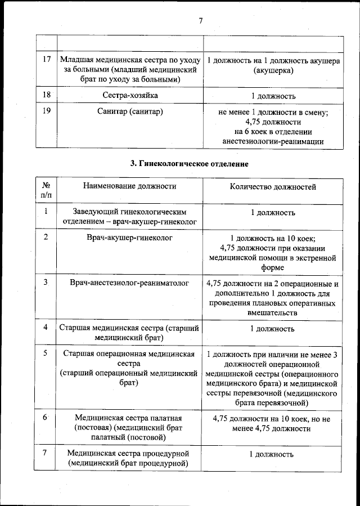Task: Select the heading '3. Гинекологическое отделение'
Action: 190,164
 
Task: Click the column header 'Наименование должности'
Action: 130,186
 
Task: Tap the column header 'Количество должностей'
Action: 273,186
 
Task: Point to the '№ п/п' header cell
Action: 46,190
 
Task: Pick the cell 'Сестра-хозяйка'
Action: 130,96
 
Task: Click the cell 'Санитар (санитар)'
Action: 130,111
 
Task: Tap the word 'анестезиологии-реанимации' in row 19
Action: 273,141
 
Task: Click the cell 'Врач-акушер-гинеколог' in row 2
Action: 130,238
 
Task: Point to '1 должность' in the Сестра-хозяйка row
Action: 273,96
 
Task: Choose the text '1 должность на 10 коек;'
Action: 273,238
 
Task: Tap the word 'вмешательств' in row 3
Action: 273,312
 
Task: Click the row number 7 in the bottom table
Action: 46,453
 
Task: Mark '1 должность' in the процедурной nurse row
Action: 273,454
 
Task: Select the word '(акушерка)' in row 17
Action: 273,71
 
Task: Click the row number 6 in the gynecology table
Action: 46,417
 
